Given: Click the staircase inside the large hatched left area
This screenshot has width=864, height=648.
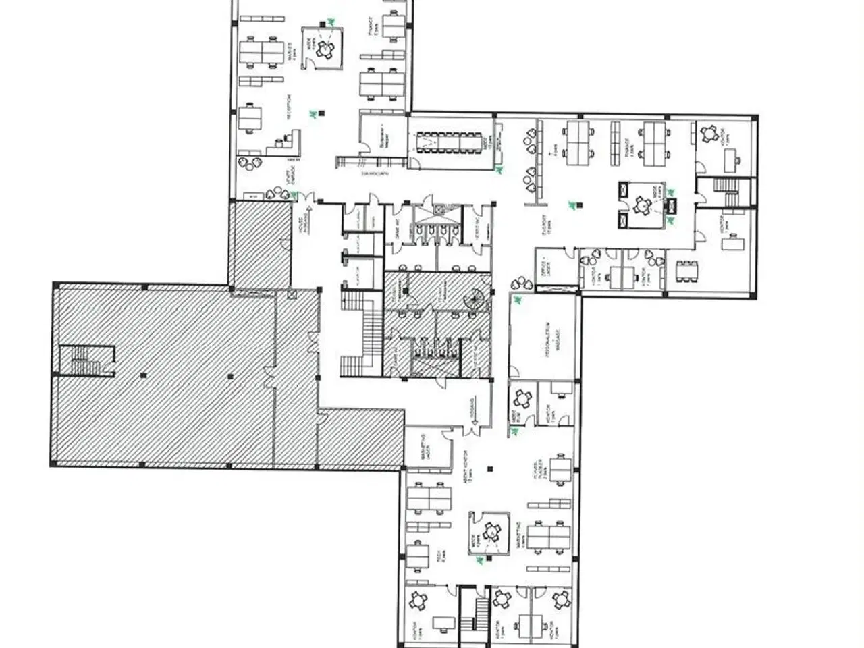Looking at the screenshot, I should tap(86, 359).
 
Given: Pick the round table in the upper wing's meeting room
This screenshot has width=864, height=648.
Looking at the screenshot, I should tap(326, 47).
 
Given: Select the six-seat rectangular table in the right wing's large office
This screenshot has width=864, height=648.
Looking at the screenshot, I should tap(682, 271).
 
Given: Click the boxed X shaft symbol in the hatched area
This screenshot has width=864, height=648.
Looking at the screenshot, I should tap(292, 295).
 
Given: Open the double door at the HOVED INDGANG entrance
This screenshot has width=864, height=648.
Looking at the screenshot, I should tap(307, 197).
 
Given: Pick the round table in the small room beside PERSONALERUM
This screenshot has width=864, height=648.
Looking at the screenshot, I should tap(522, 398).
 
